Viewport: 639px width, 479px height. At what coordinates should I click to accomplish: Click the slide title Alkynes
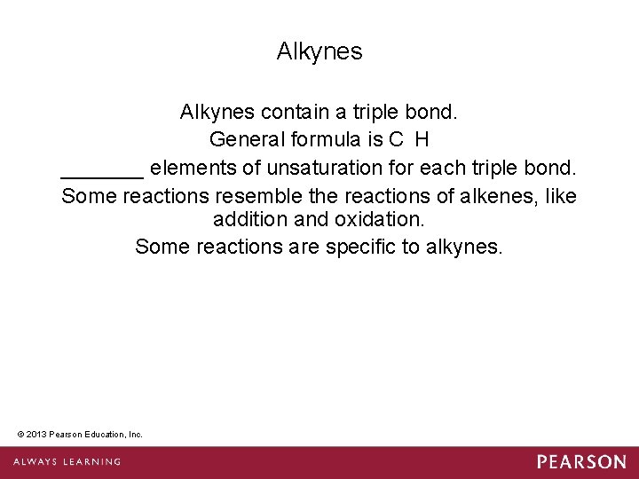pyautogui.click(x=319, y=51)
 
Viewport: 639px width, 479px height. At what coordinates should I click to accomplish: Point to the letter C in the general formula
pyautogui.click(x=395, y=140)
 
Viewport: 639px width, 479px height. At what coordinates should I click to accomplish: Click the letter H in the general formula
pyautogui.click(x=422, y=140)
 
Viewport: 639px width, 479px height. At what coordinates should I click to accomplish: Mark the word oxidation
pyautogui.click(x=377, y=219)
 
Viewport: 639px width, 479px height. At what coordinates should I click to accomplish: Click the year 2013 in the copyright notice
pyautogui.click(x=37, y=434)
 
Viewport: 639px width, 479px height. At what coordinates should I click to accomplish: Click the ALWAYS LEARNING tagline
pyautogui.click(x=67, y=462)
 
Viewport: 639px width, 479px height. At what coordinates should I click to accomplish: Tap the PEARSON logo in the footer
pyautogui.click(x=580, y=462)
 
